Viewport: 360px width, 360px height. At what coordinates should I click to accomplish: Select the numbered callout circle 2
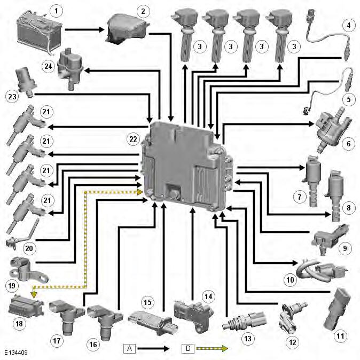(143, 11)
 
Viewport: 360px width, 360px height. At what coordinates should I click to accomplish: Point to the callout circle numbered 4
(348, 25)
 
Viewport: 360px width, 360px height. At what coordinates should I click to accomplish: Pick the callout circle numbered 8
(348, 207)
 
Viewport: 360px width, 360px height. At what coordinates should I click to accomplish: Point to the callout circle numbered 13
(247, 338)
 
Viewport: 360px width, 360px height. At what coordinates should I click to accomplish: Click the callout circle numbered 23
(12, 97)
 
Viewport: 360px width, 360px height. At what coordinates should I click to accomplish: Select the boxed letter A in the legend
(129, 349)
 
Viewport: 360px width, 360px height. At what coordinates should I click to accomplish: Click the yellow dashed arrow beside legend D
(212, 349)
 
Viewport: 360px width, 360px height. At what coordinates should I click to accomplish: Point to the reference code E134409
(19, 353)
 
